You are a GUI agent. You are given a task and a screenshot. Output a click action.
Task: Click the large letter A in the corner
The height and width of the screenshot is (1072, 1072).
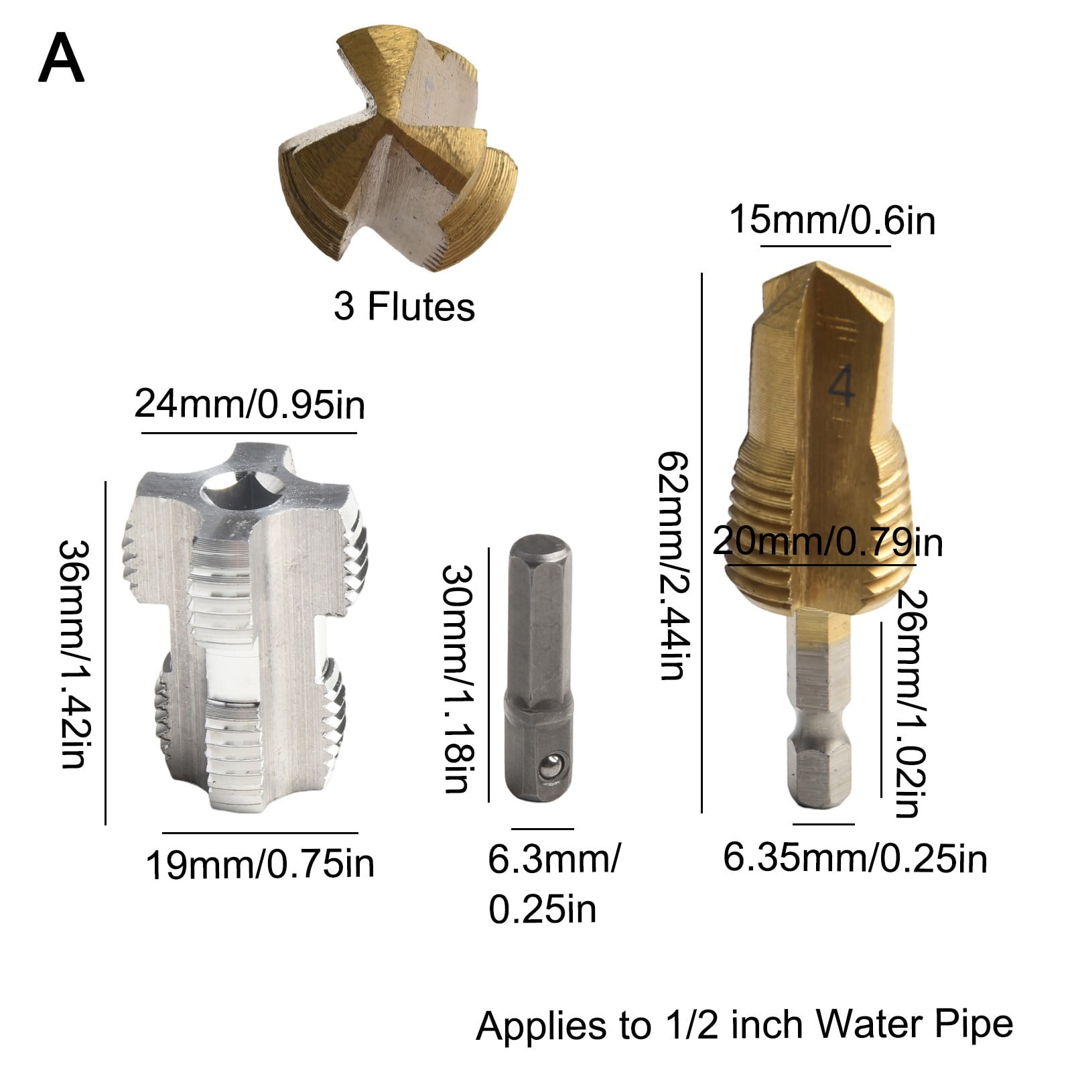(x=61, y=60)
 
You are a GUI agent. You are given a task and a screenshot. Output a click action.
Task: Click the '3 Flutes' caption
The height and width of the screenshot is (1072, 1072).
(x=404, y=307)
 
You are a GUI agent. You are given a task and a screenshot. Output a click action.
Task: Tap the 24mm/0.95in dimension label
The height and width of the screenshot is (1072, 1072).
(x=249, y=405)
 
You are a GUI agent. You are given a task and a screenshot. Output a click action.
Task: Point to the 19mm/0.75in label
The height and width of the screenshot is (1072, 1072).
(x=260, y=864)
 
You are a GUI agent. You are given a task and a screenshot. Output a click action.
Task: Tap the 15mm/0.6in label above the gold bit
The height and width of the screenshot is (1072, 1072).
(x=831, y=220)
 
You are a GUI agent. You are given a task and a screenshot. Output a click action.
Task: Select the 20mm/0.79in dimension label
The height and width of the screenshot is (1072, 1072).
(x=827, y=542)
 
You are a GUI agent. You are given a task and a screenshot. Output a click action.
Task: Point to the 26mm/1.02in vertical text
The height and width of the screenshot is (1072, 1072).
(x=911, y=703)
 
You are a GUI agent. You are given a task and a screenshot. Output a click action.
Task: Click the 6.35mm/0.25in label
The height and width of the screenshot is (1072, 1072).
(x=855, y=858)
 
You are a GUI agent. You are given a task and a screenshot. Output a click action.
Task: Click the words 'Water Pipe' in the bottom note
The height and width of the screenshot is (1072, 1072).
(x=914, y=1025)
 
